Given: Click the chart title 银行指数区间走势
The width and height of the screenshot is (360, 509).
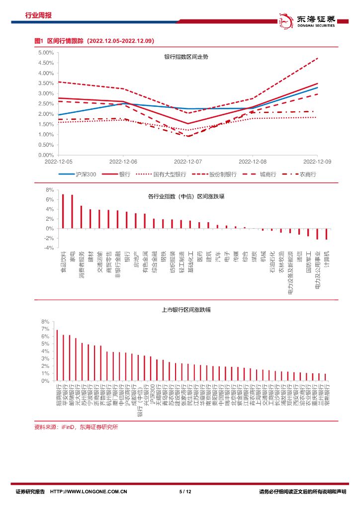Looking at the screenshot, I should coord(186,57).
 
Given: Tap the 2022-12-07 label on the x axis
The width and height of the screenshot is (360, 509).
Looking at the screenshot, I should coord(187,162).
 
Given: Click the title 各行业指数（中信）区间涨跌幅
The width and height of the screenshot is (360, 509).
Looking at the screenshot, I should coord(186,197).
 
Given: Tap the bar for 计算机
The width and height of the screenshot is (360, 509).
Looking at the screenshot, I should coord(327,234).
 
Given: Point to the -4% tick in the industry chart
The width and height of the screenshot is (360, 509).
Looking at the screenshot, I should coord(49,248).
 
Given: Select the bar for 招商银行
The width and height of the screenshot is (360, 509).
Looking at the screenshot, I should coord(57,355).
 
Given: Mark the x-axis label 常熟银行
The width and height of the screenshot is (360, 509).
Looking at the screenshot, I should coord(325,394).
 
